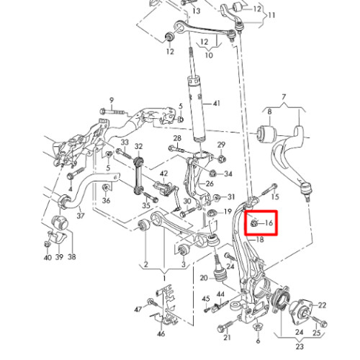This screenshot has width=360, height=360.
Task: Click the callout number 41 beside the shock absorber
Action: (x=217, y=104)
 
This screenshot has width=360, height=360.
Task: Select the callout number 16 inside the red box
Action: (x=269, y=223)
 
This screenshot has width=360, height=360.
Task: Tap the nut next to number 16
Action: (x=254, y=223)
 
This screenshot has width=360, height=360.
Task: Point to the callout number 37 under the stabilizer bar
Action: (x=81, y=215)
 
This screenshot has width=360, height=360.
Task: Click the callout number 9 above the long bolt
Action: (x=112, y=100)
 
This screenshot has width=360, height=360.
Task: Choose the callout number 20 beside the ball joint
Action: (x=204, y=278)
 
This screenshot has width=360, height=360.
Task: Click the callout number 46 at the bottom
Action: (x=161, y=333)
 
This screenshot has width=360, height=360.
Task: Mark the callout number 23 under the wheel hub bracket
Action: (x=300, y=346)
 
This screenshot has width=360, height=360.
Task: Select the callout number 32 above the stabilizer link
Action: (x=139, y=146)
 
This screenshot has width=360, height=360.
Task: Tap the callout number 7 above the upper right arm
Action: (x=284, y=97)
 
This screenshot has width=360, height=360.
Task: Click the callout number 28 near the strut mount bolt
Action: (x=177, y=138)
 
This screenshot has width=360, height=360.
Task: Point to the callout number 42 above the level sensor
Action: (x=164, y=174)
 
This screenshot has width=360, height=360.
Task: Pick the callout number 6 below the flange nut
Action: (x=258, y=341)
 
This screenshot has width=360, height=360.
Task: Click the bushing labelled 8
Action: (x=267, y=133)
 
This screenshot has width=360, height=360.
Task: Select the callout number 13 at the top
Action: (x=197, y=11)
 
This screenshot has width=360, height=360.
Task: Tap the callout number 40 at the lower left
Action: (x=48, y=258)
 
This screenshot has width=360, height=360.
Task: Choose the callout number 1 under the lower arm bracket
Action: (x=164, y=279)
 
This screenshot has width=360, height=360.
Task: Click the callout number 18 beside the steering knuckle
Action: (x=260, y=240)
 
